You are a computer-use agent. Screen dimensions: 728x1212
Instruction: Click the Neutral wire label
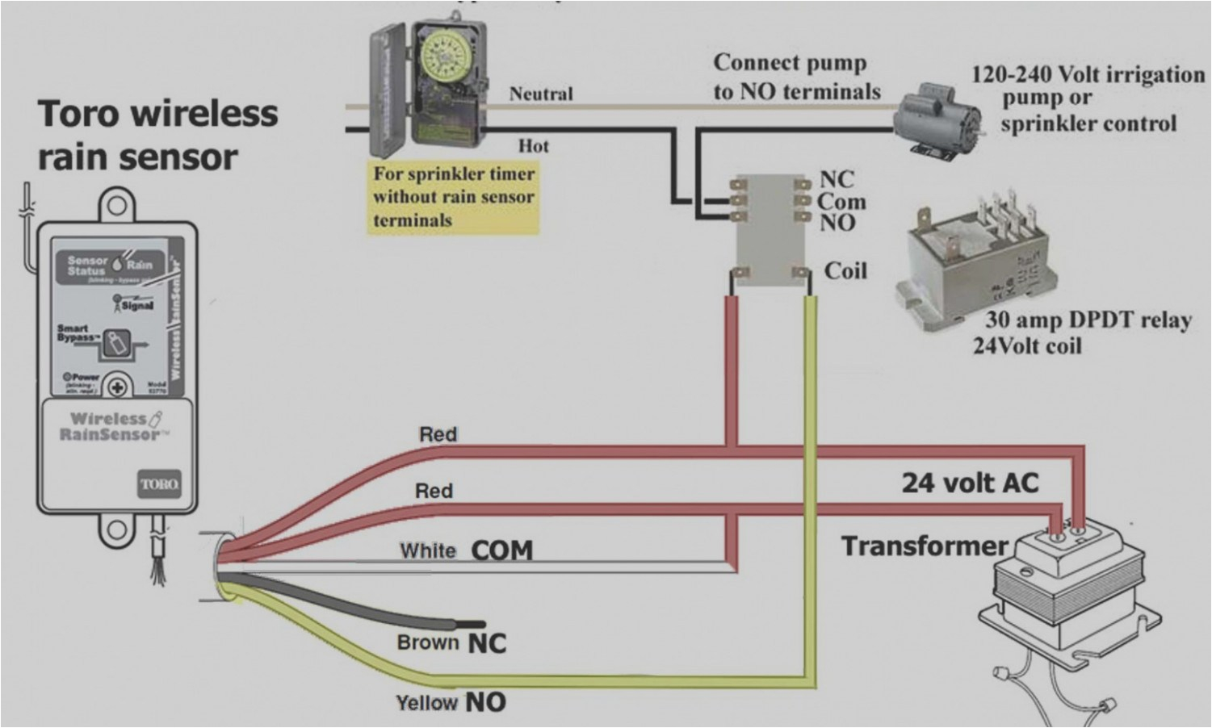(x=541, y=94)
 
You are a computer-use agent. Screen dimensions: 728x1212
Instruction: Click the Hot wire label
(x=533, y=146)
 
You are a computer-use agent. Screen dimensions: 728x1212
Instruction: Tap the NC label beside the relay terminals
(x=837, y=179)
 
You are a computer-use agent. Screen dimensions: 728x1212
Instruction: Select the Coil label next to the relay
(x=845, y=271)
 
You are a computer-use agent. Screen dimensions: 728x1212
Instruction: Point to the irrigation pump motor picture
(x=937, y=121)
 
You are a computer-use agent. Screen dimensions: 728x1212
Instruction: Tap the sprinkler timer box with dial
(x=412, y=89)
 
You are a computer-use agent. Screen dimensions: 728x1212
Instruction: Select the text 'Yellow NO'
(x=451, y=702)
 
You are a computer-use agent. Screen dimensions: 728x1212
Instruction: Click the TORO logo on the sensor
(x=159, y=484)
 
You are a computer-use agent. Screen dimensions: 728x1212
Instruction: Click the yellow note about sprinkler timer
(x=453, y=197)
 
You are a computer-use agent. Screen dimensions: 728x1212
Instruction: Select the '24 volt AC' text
(x=970, y=483)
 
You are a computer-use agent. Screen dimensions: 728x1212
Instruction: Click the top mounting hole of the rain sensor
(x=116, y=205)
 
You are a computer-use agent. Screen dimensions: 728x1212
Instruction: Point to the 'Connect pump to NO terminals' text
(x=796, y=77)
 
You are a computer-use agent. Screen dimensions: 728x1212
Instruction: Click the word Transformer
(x=925, y=546)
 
